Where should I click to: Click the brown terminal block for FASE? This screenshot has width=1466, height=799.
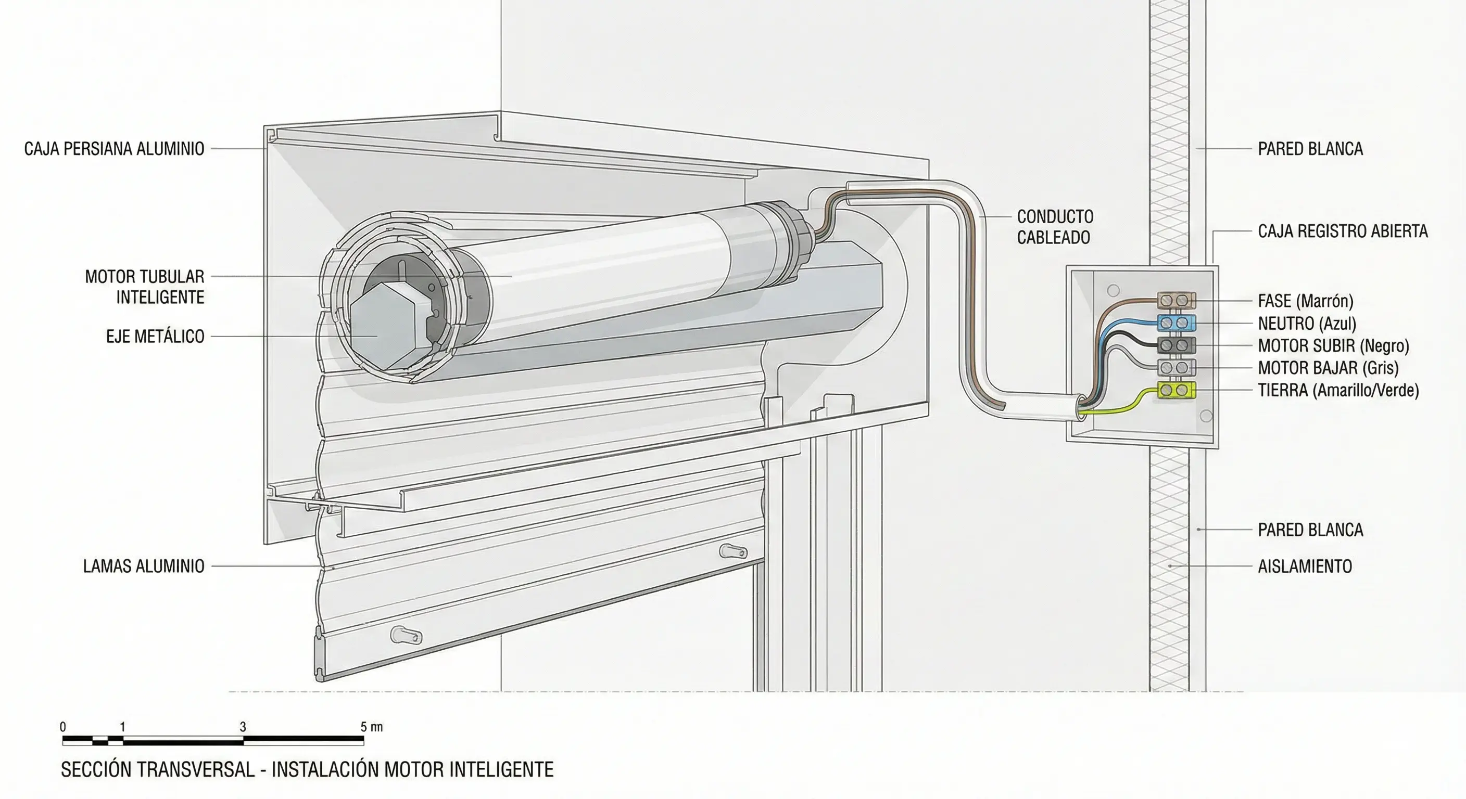tap(1176, 300)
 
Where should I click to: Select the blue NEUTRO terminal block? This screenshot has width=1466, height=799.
tap(1176, 323)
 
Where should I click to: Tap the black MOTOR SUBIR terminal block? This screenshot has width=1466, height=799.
tap(1176, 345)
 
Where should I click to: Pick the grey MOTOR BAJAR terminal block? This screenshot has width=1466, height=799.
tap(1176, 367)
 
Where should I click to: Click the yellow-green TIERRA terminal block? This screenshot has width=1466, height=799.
tap(1176, 390)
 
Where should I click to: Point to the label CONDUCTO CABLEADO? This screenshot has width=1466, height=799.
tap(1055, 227)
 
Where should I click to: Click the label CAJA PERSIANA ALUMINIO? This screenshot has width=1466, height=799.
tap(114, 149)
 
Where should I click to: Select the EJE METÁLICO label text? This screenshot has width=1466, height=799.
tap(155, 336)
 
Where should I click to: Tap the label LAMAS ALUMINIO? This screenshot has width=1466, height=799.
tap(143, 566)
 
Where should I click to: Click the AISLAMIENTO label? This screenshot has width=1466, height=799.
tap(1305, 566)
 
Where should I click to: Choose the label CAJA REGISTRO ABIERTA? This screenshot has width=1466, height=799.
tap(1342, 231)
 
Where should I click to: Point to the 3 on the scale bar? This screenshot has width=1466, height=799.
tap(243, 727)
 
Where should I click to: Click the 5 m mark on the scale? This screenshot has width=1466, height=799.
tap(371, 727)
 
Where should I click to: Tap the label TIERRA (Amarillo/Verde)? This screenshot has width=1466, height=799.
tap(1338, 390)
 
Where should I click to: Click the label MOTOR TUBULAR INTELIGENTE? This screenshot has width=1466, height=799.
tap(145, 287)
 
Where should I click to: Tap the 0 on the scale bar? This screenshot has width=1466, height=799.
tap(62, 727)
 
